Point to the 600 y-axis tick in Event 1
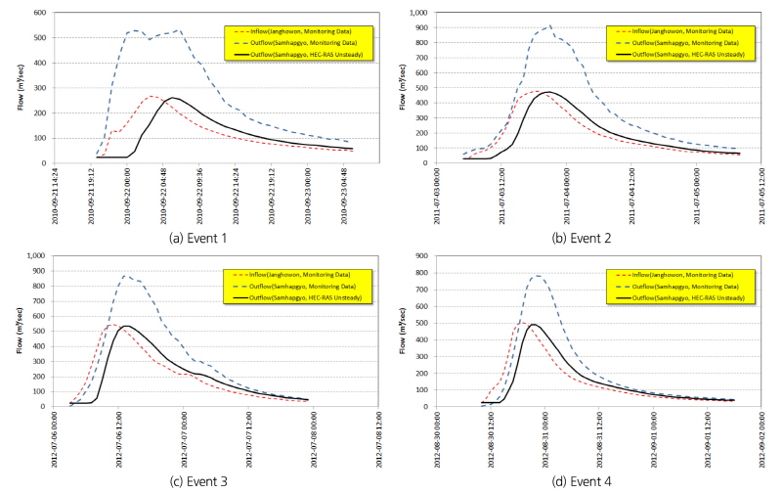(x=42, y=14)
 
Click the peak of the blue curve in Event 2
(x=549, y=26)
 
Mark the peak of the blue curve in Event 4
(x=536, y=276)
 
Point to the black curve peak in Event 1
(x=173, y=98)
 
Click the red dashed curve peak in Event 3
(x=111, y=325)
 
